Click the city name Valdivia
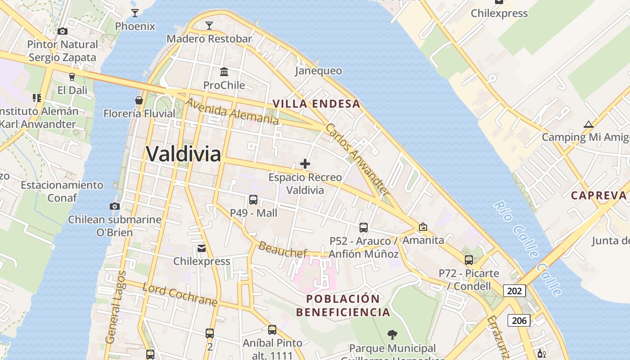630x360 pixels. pyautogui.click(x=183, y=154)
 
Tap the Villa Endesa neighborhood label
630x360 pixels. pyautogui.click(x=316, y=104)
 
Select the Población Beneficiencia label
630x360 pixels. pyautogui.click(x=343, y=306)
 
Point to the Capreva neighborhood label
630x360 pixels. pyautogui.click(x=598, y=195)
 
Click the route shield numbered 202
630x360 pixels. pyautogui.click(x=514, y=291)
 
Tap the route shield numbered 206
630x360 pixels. pyautogui.click(x=519, y=320)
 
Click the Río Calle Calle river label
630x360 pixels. pyautogui.click(x=527, y=248)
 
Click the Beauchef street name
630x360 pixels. pyautogui.click(x=283, y=250)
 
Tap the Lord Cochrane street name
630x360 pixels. pyautogui.click(x=180, y=294)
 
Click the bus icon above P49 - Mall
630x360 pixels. pyautogui.click(x=253, y=200)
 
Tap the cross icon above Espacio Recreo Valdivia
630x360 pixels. pyautogui.click(x=305, y=164)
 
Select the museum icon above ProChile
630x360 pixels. pyautogui.click(x=224, y=72)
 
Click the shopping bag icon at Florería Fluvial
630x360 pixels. pyautogui.click(x=139, y=100)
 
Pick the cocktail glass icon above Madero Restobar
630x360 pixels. pyautogui.click(x=209, y=25)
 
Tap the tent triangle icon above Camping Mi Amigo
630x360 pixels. pyautogui.click(x=588, y=124)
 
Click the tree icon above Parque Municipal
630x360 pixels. pyautogui.click(x=392, y=334)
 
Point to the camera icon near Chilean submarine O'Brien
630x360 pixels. pyautogui.click(x=115, y=206)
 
